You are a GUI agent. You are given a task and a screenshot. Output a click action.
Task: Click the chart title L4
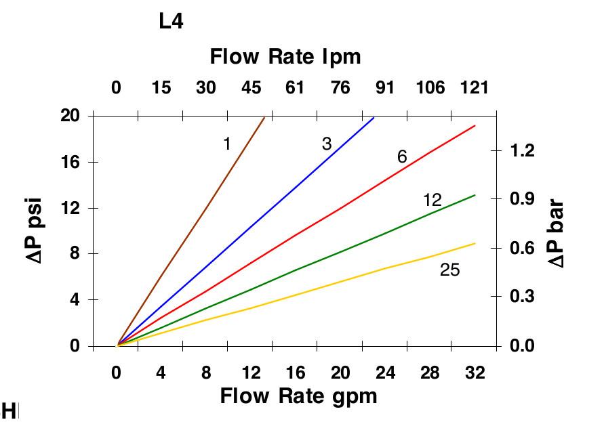171,22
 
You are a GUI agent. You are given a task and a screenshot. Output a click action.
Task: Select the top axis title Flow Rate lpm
285,56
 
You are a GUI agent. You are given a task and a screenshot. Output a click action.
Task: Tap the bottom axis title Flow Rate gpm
298,395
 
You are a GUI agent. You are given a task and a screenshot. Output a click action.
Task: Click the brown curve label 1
227,144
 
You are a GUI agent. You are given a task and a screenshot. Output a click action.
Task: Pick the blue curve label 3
327,144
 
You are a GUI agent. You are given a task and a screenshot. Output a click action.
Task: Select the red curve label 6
402,157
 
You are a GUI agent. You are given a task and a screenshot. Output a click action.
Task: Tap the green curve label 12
432,200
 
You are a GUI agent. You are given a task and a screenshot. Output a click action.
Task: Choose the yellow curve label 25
449,270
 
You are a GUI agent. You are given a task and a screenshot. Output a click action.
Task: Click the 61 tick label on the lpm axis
295,87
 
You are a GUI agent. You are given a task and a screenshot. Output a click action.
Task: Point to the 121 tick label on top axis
474,87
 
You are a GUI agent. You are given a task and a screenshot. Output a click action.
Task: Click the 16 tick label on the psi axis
71,162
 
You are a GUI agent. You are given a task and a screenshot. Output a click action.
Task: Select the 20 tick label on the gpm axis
340,373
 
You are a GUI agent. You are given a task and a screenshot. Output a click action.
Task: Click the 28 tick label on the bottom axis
429,373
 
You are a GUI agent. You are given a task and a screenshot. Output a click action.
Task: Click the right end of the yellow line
475,243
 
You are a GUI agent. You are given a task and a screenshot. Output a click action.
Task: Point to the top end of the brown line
264,118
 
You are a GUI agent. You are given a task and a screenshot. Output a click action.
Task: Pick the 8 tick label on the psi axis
75,253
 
